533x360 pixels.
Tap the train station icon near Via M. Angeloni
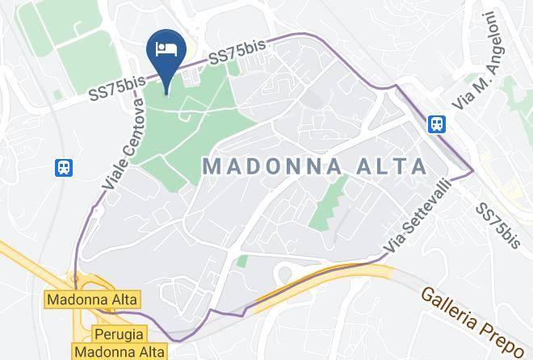(436, 123)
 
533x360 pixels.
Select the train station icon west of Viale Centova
(64, 167)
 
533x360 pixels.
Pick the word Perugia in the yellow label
(119, 333)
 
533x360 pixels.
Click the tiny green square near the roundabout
(241, 261)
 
